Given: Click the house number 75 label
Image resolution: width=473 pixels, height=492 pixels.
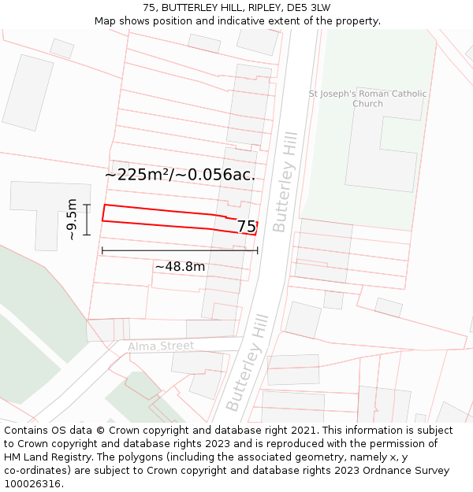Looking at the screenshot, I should pos(246,227).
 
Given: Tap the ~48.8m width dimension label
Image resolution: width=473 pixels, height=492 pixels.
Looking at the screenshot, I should pos(180,267).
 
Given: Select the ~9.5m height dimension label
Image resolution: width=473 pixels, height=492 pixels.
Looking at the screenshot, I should pos(72,219).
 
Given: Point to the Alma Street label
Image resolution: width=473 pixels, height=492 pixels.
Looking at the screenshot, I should pos(161,346).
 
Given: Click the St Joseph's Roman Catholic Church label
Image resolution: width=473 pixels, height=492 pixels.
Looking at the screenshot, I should pos(367,98).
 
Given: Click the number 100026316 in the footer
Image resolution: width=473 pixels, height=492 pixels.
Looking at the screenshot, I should pos(32,484).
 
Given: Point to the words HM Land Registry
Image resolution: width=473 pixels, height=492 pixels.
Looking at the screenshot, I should pos(43,457).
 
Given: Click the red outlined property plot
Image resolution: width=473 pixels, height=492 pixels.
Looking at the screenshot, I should pos(158,217).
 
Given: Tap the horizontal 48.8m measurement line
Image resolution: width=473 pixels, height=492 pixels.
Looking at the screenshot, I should pos(180,251).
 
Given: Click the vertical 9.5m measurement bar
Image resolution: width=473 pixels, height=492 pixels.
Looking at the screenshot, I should pos(87,220).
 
